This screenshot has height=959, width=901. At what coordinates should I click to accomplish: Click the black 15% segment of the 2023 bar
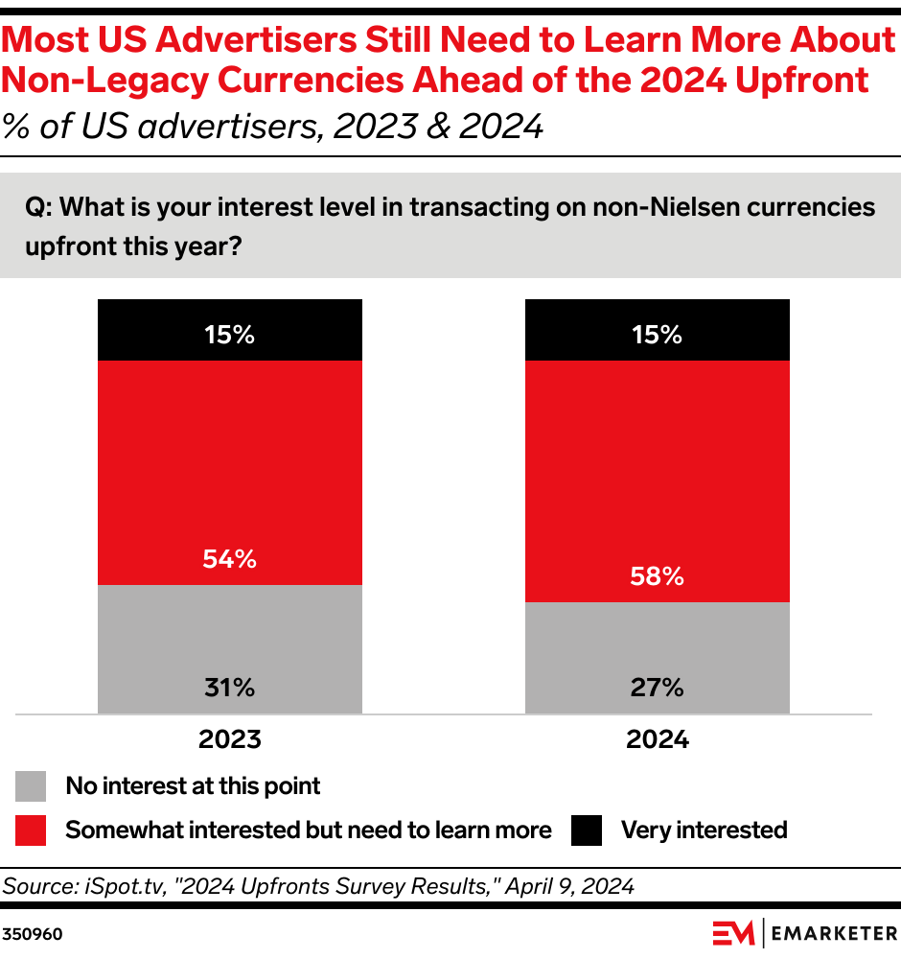tap(230, 329)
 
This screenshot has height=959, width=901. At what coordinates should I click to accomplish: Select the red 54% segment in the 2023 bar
tap(230, 472)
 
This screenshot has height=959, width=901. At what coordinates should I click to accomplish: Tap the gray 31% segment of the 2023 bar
tap(230, 648)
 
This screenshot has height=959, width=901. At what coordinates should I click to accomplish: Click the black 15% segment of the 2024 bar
tap(658, 329)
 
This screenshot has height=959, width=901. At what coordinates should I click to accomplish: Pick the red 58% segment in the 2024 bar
tap(658, 479)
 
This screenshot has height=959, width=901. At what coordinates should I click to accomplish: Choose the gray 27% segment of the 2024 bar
tap(658, 657)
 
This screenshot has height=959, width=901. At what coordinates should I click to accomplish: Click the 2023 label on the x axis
tap(230, 740)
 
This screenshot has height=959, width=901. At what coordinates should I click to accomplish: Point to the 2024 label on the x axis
tap(658, 740)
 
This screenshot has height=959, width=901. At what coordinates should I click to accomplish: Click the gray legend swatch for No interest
tap(32, 786)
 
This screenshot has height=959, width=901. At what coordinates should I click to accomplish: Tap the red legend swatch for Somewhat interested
tap(32, 830)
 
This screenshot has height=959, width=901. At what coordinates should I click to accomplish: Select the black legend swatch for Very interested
tap(587, 830)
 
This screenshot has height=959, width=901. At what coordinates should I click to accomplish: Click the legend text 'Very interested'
tap(704, 830)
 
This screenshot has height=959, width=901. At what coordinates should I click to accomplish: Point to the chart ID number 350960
tap(33, 933)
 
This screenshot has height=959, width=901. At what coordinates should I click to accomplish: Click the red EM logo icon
tap(732, 932)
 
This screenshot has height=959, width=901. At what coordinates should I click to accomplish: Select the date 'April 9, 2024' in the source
tap(577, 887)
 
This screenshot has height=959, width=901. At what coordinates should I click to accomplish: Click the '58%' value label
tap(658, 577)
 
